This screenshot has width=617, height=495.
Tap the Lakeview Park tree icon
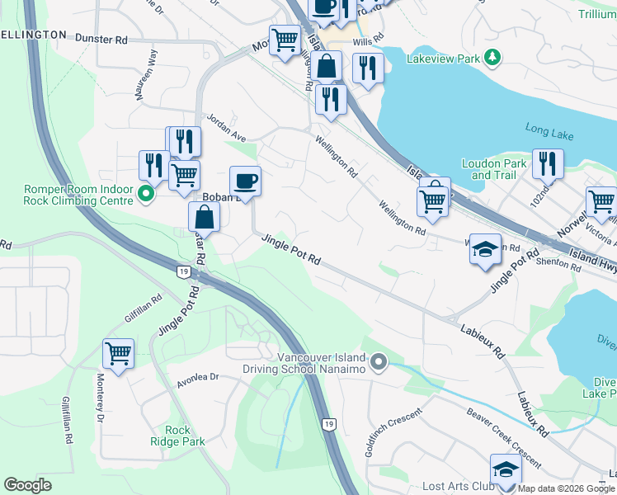point(492,57)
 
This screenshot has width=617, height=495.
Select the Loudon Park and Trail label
point(493,169)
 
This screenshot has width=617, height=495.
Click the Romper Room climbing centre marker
point(147,195)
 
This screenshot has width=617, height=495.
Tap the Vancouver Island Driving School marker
point(379,361)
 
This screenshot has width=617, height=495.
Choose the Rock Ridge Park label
point(184,436)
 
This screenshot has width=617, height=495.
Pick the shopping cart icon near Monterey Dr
point(118,353)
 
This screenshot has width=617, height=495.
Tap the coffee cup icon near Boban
point(245,180)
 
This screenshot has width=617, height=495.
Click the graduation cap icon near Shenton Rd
point(485,247)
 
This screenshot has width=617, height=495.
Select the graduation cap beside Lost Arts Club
point(505,469)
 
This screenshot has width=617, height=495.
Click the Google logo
point(28,485)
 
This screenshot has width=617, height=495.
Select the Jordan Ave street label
point(227,121)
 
